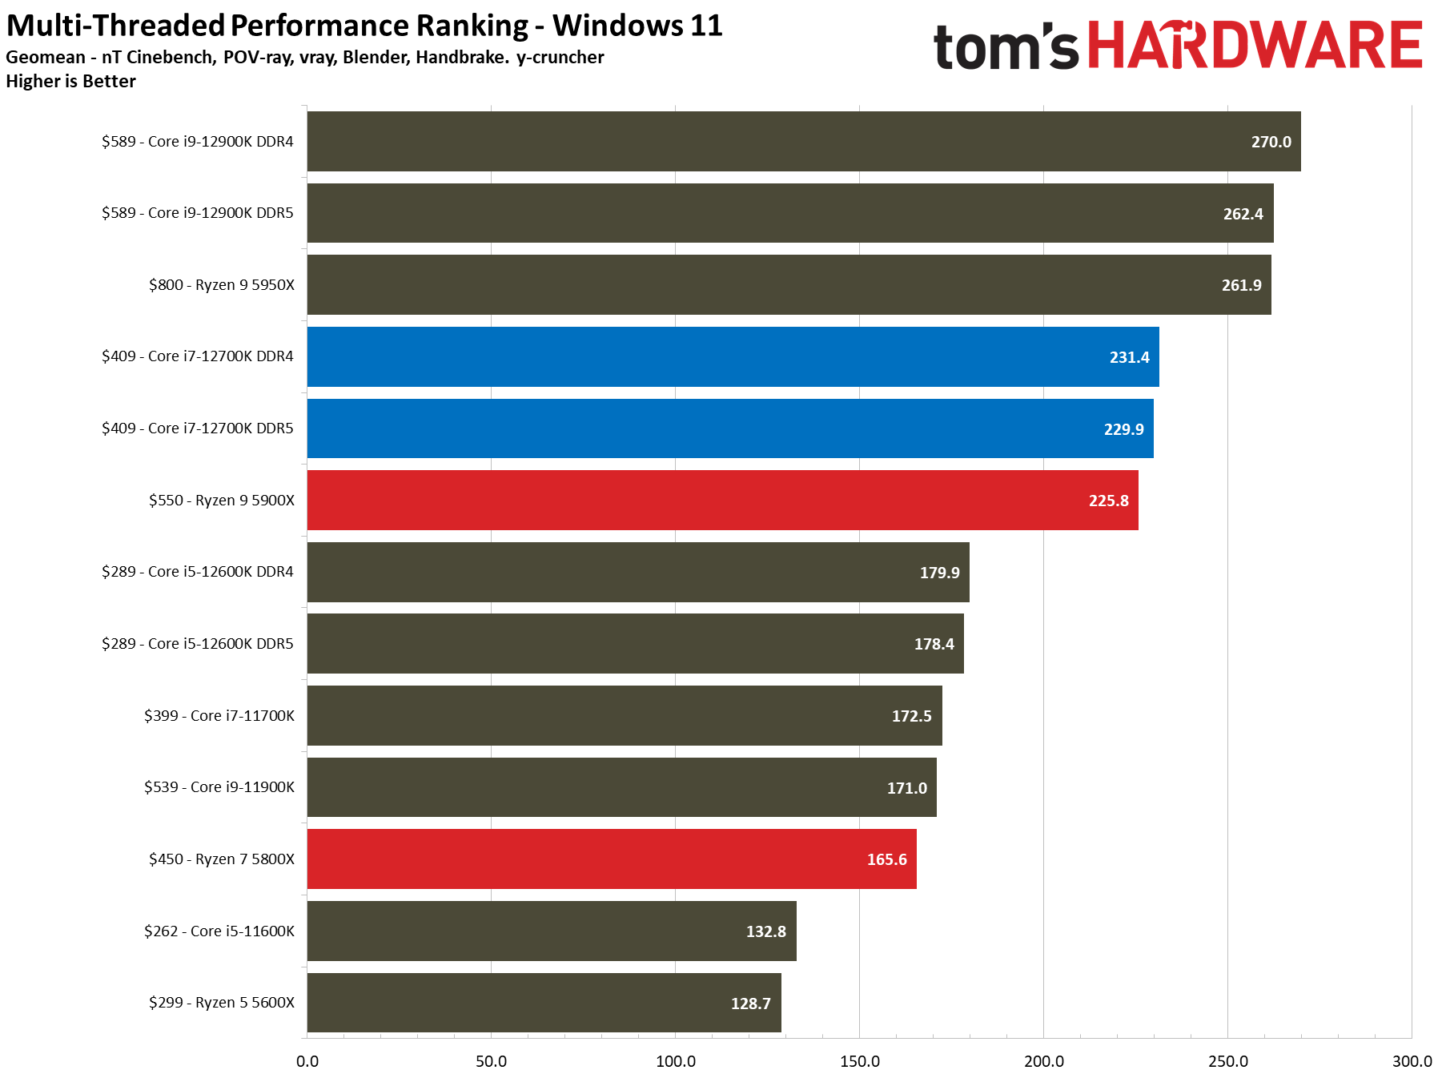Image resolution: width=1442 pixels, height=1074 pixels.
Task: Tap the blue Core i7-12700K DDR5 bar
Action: coord(729,428)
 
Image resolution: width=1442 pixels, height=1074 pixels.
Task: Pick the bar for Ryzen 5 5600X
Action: coord(544,1003)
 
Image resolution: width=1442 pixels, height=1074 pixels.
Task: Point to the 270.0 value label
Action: coord(1271,143)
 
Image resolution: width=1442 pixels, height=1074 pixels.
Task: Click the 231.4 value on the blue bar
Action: coord(1129,357)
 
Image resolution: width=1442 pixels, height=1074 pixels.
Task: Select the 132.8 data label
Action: coord(765,931)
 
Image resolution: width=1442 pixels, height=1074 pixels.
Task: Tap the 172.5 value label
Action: coord(911,716)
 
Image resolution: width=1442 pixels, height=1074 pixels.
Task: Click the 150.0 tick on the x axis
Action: coord(860,1061)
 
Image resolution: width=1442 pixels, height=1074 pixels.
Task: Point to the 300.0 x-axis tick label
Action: coord(1412,1061)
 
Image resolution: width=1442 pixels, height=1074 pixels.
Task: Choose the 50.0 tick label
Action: coord(491,1061)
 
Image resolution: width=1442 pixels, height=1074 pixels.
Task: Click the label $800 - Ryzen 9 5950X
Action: coord(221,285)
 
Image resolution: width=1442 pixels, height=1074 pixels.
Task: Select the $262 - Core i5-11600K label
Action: coord(219,931)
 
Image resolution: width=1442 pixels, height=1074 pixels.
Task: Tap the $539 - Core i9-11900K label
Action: coord(219,787)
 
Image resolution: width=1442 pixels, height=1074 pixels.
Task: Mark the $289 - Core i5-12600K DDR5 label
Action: coord(197,644)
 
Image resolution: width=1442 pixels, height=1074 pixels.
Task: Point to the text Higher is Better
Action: coord(70,82)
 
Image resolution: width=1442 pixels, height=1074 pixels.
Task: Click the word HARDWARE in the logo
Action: coord(1255,46)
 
